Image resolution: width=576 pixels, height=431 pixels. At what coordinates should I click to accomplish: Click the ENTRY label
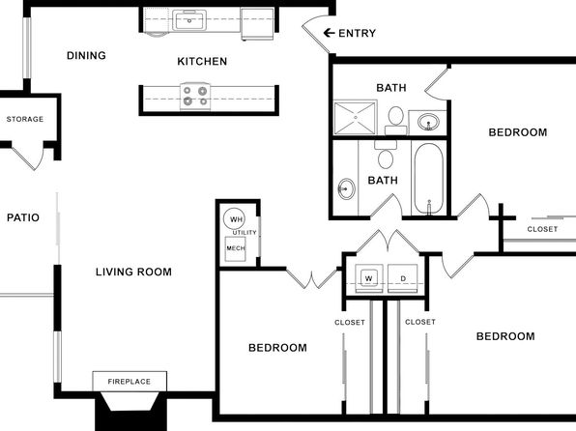click(x=357, y=34)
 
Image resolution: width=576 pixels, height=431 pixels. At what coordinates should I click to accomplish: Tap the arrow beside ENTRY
click(x=329, y=33)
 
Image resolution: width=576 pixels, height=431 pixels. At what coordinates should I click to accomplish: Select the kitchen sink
click(x=189, y=20)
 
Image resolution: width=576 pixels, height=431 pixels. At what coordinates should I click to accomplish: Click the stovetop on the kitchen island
click(x=195, y=96)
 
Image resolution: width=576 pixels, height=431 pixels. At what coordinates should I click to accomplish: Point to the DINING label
click(x=86, y=55)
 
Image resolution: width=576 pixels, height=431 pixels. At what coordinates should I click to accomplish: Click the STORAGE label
click(x=25, y=119)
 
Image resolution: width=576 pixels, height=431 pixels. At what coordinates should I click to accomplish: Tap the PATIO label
click(x=23, y=217)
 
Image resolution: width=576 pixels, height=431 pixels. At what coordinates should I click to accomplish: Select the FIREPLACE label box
click(x=130, y=382)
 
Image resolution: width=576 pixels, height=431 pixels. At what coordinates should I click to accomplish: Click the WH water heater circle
click(x=234, y=219)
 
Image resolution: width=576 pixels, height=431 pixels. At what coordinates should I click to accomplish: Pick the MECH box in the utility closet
click(x=235, y=248)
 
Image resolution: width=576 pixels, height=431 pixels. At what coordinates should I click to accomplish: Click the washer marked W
click(x=369, y=278)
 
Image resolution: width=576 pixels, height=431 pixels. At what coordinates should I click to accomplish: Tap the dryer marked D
click(x=403, y=278)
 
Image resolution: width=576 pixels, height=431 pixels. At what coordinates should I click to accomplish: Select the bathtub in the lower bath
click(x=429, y=179)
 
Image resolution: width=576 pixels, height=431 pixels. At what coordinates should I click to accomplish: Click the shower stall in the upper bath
click(x=356, y=118)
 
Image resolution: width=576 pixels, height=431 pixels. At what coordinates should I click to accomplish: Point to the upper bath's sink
click(x=428, y=121)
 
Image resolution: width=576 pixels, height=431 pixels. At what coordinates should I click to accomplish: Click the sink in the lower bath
click(x=346, y=188)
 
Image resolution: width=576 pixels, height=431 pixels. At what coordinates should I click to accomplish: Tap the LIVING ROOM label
click(x=133, y=272)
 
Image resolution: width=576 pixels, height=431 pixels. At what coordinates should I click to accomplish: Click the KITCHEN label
click(x=202, y=61)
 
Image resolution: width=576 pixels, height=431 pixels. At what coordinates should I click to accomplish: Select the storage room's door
click(x=29, y=158)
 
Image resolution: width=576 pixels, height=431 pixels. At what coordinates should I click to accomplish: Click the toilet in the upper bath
click(x=395, y=120)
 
